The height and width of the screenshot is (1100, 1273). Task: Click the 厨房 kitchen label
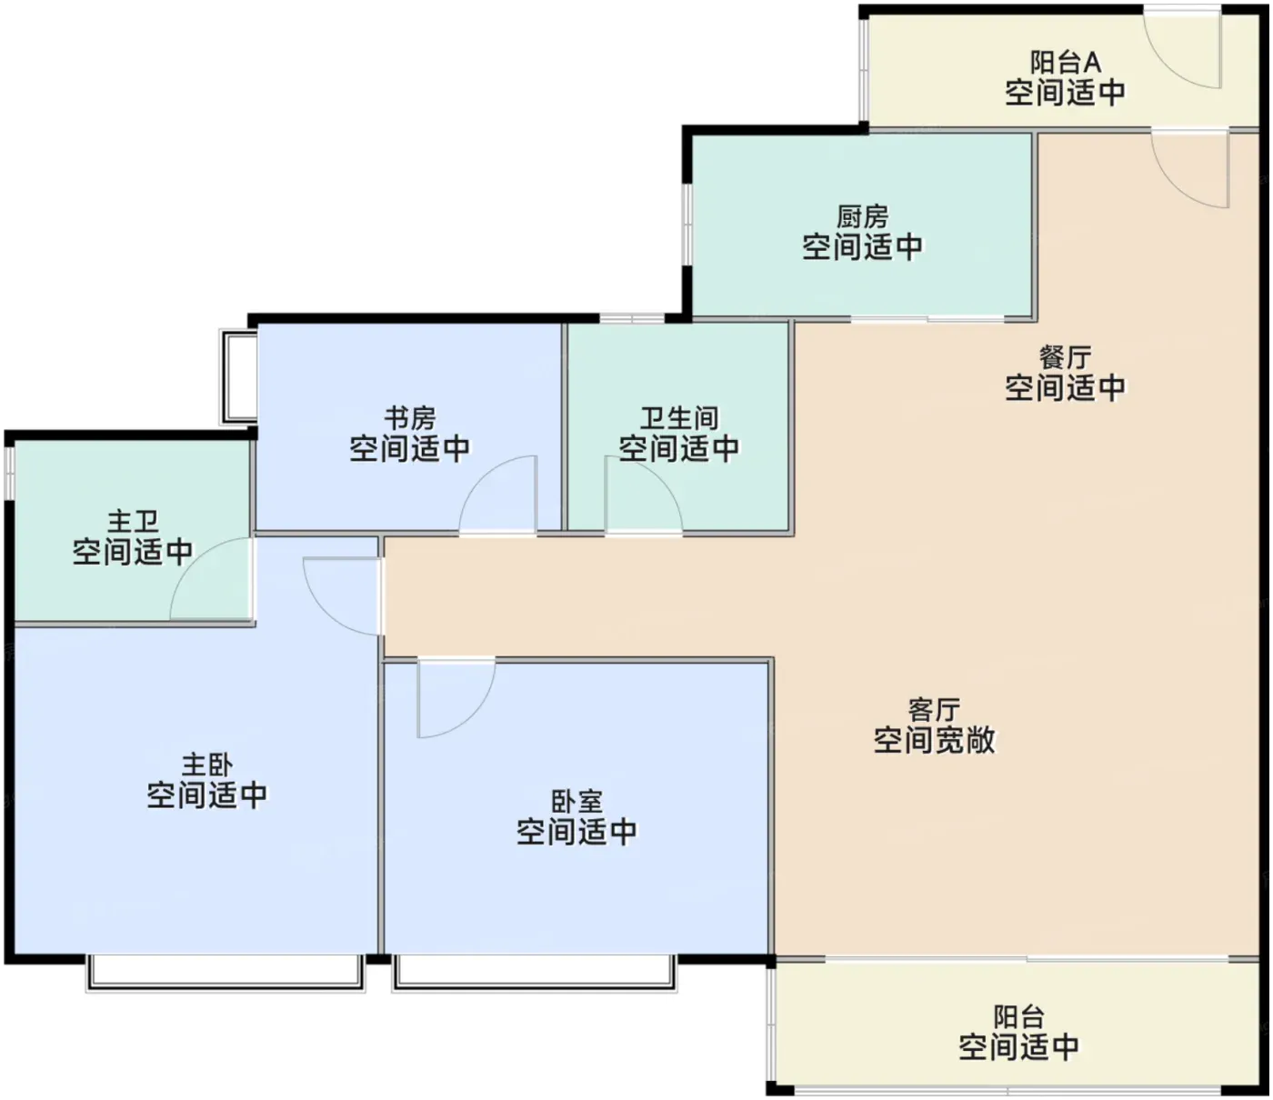tap(862, 216)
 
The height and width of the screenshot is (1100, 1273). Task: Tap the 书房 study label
tap(410, 418)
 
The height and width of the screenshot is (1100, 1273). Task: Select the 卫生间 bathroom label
tap(678, 418)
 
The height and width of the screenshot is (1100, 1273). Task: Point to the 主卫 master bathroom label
tap(133, 522)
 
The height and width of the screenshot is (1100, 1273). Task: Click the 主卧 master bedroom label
tap(207, 765)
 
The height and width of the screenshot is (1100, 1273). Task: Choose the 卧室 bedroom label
tap(576, 802)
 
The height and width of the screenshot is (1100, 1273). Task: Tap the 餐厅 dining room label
tap(1066, 357)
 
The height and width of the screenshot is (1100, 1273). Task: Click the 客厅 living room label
tap(934, 710)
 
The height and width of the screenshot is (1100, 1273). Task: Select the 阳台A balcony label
tap(1066, 62)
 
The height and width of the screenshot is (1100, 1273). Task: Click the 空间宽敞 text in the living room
tap(934, 740)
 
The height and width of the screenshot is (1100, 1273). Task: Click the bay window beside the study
tap(239, 377)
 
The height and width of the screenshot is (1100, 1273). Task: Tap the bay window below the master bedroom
tap(225, 973)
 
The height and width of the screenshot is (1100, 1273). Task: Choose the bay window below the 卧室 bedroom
tap(535, 973)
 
